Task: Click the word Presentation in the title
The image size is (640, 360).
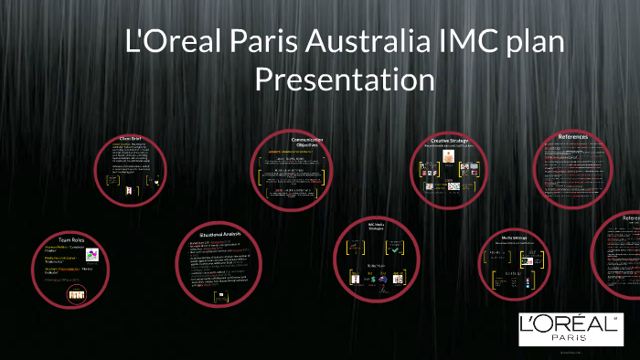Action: pos(345,79)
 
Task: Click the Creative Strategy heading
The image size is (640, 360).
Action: pos(449,141)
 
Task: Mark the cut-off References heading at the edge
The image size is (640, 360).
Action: pos(630,219)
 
